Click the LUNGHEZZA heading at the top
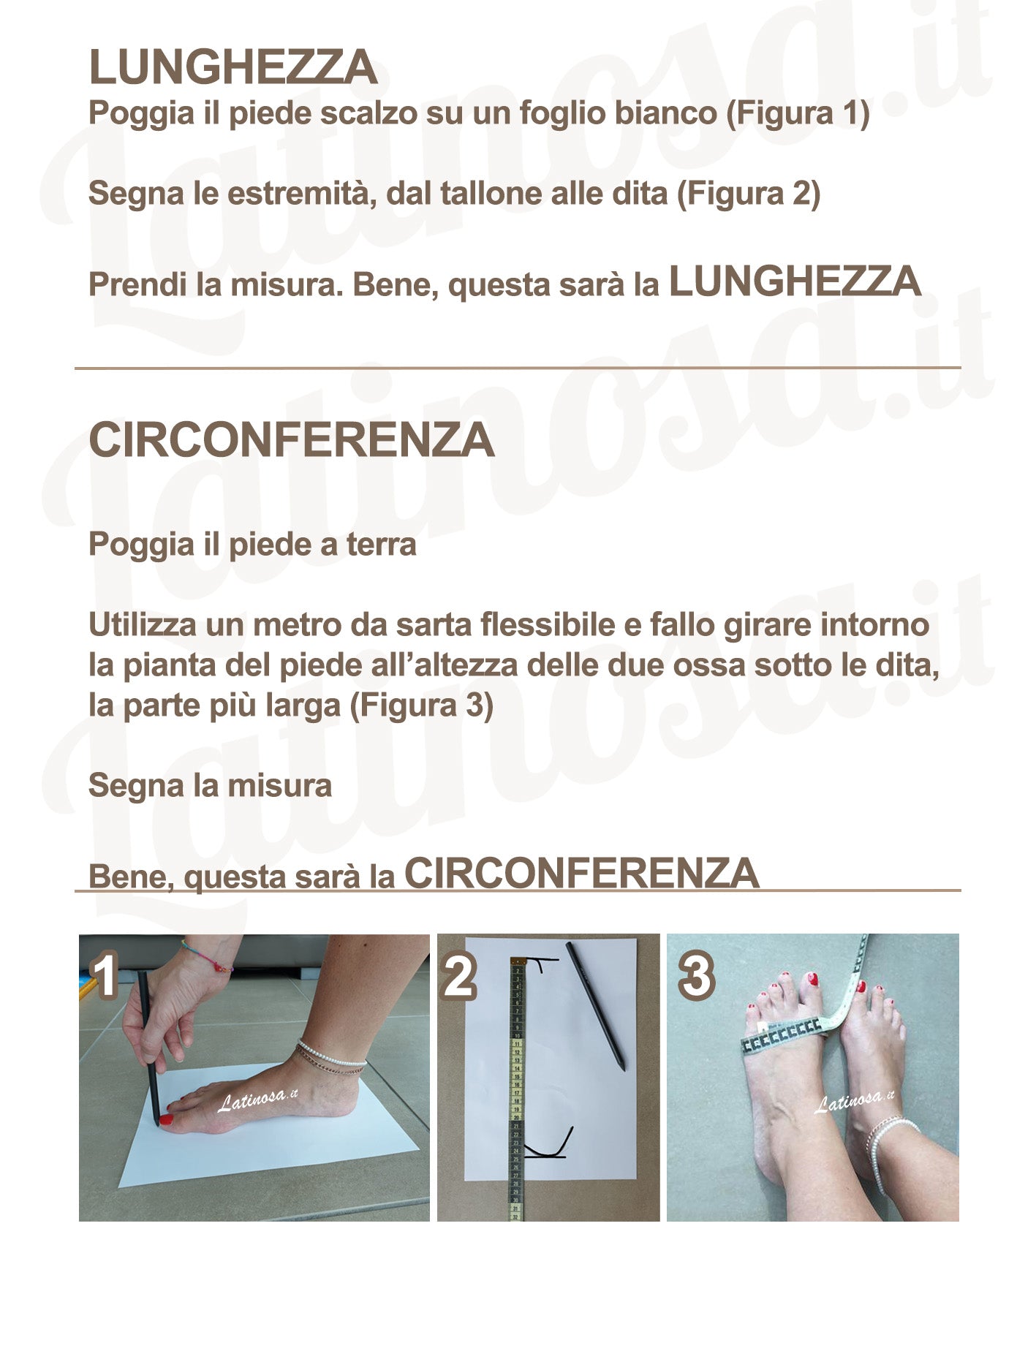[x=232, y=68]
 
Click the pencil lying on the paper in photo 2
[x=595, y=1007]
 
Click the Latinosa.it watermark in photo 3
[x=854, y=1102]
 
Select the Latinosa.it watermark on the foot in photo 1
[x=258, y=1100]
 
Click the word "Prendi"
[x=137, y=284]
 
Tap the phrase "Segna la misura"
[x=210, y=786]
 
